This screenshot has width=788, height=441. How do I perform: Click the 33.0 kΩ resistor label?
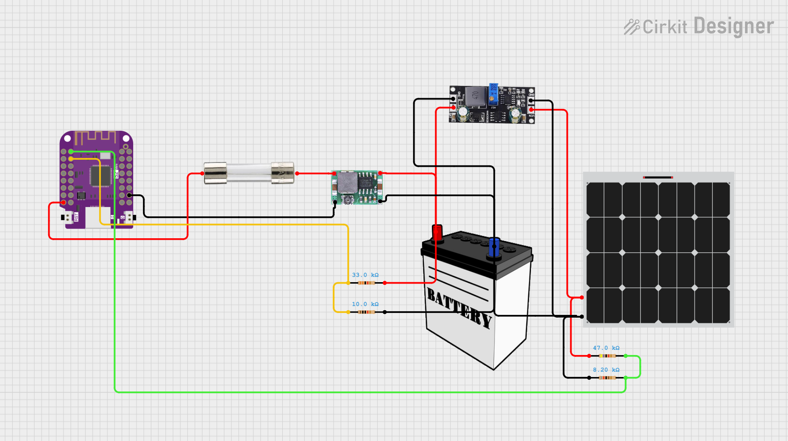(x=365, y=275)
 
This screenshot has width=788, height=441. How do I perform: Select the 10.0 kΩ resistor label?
(x=365, y=304)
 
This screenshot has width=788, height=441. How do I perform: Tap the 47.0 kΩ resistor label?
(x=606, y=348)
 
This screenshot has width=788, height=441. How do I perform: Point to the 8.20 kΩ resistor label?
(x=606, y=370)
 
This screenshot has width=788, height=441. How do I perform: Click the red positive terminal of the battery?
(x=437, y=232)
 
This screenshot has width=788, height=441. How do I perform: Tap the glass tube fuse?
(x=249, y=173)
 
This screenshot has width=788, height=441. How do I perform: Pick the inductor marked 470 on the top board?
(x=475, y=96)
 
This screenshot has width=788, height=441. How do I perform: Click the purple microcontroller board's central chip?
(x=96, y=176)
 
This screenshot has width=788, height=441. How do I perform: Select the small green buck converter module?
(x=357, y=187)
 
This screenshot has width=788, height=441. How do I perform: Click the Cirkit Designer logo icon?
(x=631, y=27)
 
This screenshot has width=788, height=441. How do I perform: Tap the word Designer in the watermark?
(x=734, y=26)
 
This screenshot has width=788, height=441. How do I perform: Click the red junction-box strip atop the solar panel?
(x=658, y=178)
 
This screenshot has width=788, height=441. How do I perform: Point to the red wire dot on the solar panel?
(x=582, y=298)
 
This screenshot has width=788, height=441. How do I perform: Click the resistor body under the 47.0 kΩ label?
(x=607, y=356)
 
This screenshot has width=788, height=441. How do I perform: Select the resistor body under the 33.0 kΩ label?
(x=366, y=283)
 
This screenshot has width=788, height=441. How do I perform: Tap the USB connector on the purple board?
(x=98, y=218)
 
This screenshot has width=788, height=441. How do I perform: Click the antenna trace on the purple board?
(x=95, y=137)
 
